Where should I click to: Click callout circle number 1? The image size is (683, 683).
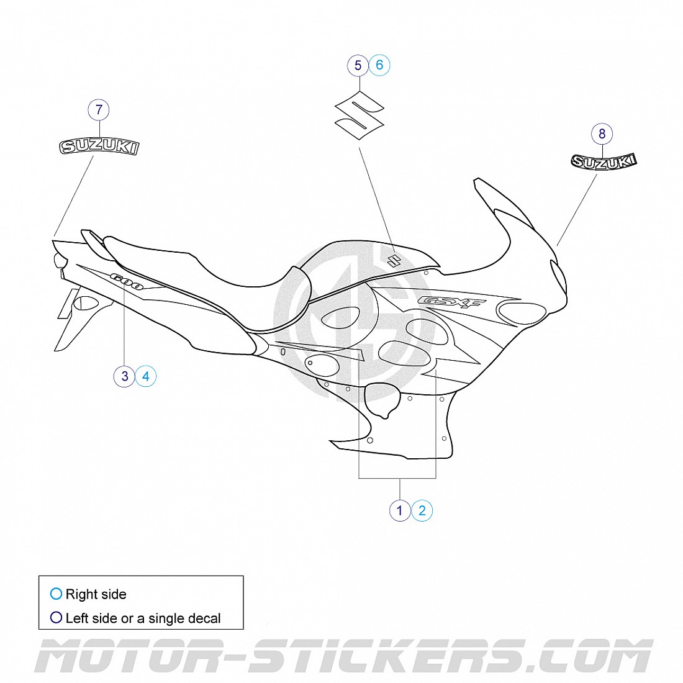(x=400, y=510)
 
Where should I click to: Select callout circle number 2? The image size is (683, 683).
(x=422, y=510)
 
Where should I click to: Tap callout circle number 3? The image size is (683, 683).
(x=125, y=376)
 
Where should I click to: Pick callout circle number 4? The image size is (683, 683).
(x=146, y=376)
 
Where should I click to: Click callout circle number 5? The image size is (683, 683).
(x=358, y=65)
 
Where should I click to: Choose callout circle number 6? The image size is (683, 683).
(x=379, y=65)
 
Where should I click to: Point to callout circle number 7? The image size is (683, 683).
(x=99, y=111)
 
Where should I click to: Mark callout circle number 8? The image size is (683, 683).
(x=602, y=133)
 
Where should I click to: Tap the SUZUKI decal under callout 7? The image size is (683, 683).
(x=99, y=147)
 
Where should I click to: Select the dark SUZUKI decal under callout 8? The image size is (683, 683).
(x=604, y=161)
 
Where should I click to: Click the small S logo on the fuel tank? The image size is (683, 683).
(x=392, y=260)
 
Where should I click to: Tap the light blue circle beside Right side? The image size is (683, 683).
(x=56, y=594)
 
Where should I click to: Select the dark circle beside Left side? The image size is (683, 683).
(x=56, y=618)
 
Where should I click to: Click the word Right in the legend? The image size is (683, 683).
(x=81, y=594)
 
